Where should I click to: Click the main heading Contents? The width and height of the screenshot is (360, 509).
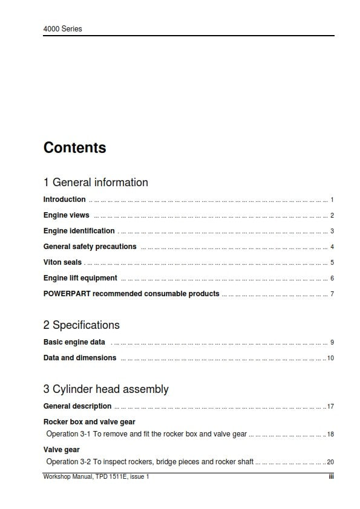pyautogui.click(x=74, y=148)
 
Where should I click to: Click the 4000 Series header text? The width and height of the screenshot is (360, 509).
pyautogui.click(x=62, y=28)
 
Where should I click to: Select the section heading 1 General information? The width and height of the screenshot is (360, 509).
pyautogui.click(x=96, y=183)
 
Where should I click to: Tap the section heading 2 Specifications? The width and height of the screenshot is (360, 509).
pyautogui.click(x=81, y=325)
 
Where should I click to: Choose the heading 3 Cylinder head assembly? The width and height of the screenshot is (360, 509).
pyautogui.click(x=106, y=389)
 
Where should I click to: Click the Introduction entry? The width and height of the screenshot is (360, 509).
pyautogui.click(x=64, y=199)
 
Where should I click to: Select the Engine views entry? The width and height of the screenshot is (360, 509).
pyautogui.click(x=66, y=215)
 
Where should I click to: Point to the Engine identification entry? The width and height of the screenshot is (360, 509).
pyautogui.click(x=79, y=231)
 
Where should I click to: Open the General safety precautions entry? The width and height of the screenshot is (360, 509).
pyautogui.click(x=90, y=247)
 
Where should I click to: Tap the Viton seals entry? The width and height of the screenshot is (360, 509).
pyautogui.click(x=62, y=262)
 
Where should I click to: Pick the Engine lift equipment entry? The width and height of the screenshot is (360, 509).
pyautogui.click(x=80, y=278)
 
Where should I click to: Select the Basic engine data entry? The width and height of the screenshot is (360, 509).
pyautogui.click(x=74, y=342)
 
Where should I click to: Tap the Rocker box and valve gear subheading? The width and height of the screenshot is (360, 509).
pyautogui.click(x=89, y=422)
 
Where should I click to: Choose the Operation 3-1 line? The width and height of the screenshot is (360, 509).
pyautogui.click(x=146, y=434)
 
